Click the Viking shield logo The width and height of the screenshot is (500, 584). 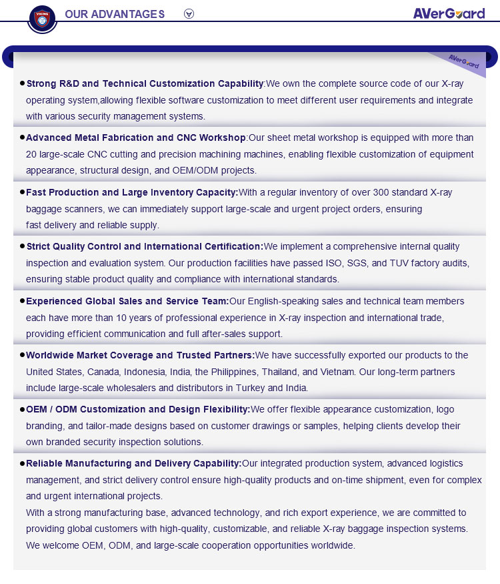pos(42,18)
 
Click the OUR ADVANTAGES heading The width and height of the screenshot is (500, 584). pos(115,14)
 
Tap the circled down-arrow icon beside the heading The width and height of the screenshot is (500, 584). pos(189,14)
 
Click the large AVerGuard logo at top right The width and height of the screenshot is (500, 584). pos(449,13)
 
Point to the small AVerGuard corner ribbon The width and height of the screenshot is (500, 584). pos(463,61)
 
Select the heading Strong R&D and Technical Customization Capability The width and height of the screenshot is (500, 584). pos(145,83)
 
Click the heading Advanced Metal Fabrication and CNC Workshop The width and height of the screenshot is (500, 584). pos(136,137)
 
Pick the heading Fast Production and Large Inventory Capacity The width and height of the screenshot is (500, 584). pos(132,192)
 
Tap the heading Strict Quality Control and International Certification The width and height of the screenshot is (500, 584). pos(145,246)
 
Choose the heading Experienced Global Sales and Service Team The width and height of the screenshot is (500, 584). pos(127,301)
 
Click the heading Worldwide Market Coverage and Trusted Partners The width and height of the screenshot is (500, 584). pos(140,355)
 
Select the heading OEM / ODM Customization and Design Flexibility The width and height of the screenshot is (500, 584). pos(138,409)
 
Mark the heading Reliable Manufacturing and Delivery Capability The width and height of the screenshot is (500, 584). pos(133,463)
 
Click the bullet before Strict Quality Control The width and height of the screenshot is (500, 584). pos(22,246)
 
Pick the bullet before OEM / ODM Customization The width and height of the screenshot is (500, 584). pos(22,408)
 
